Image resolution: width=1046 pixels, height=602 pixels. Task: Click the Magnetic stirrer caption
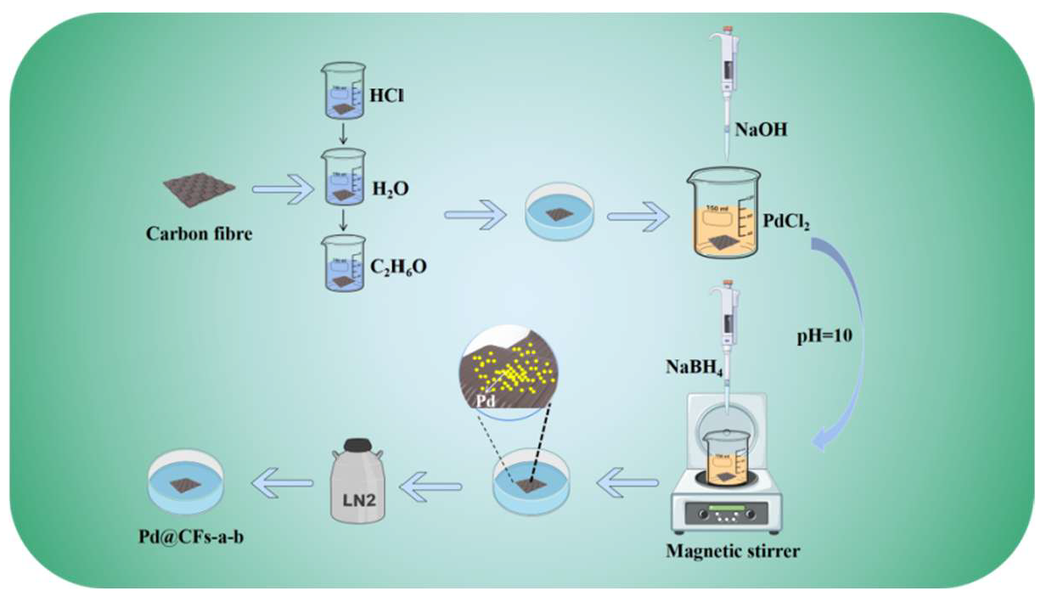click(x=732, y=551)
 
